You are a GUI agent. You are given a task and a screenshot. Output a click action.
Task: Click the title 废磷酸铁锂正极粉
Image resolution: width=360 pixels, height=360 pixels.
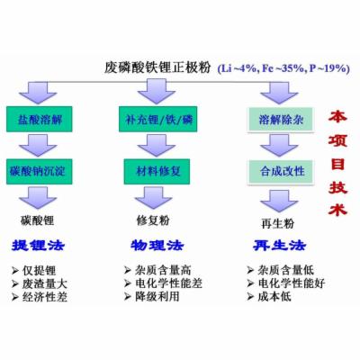click(x=157, y=67)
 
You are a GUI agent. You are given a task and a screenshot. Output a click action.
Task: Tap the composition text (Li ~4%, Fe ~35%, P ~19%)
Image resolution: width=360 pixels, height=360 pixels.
click(x=283, y=68)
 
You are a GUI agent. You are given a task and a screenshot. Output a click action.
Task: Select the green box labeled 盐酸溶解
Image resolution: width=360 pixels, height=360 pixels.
click(x=40, y=119)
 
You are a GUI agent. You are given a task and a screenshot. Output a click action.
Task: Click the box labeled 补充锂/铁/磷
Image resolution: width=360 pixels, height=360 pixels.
click(x=157, y=119)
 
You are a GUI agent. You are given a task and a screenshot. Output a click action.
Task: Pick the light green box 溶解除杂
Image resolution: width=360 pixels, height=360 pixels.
click(x=281, y=120)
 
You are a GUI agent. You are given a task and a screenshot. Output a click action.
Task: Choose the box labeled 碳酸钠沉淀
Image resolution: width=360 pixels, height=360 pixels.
click(x=40, y=172)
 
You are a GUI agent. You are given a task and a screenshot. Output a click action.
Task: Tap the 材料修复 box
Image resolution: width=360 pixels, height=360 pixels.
click(x=157, y=172)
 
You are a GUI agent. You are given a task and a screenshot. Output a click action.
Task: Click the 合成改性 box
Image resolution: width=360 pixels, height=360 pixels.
click(x=281, y=172)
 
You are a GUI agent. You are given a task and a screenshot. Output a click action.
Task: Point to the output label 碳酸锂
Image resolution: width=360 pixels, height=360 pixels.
click(x=37, y=220)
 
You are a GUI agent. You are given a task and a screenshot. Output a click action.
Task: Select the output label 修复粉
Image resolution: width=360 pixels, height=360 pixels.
click(x=153, y=220)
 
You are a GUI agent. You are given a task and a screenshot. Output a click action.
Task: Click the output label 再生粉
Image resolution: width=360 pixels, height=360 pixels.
click(x=277, y=223)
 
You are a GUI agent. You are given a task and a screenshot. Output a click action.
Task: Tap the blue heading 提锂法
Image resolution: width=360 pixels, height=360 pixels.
click(x=38, y=246)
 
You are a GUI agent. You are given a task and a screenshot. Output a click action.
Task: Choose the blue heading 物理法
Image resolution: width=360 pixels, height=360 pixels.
click(x=157, y=246)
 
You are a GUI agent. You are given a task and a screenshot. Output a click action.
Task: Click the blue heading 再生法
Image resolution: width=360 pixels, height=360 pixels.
click(x=279, y=246)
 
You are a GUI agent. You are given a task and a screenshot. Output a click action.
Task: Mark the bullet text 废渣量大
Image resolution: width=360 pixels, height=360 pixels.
click(x=45, y=283)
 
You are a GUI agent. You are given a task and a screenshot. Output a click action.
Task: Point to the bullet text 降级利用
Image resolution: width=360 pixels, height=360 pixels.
click(x=157, y=296)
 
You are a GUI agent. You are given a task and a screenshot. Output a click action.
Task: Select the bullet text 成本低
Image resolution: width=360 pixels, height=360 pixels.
click(x=274, y=297)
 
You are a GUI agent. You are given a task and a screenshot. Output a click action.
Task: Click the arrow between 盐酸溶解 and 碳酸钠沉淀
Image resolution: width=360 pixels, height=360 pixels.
click(x=38, y=146)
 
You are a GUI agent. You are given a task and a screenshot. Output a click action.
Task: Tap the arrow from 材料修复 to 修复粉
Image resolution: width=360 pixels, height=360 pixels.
click(x=154, y=198)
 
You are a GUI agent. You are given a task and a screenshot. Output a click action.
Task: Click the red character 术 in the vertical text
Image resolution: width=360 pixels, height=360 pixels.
click(x=337, y=208)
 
